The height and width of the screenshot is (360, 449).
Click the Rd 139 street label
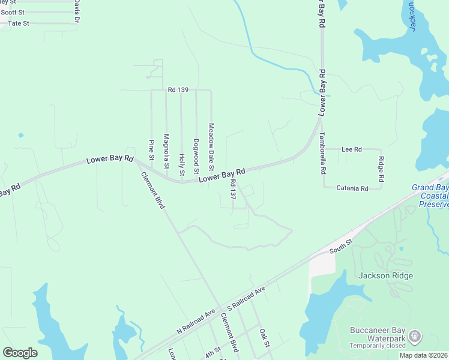point(178,90)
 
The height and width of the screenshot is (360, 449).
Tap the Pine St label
point(151,150)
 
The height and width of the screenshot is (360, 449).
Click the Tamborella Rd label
point(323,152)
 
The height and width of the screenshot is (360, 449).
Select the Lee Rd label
point(351,149)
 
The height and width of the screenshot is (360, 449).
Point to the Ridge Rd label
point(381,169)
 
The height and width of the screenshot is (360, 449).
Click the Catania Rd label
point(352,188)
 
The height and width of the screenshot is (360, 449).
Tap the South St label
point(341,245)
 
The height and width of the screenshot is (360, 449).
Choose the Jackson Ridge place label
point(385,275)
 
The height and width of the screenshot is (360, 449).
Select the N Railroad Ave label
point(196,322)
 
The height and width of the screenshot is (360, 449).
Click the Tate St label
point(18,23)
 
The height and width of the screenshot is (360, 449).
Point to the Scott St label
point(13,12)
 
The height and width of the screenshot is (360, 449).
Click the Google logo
point(20,353)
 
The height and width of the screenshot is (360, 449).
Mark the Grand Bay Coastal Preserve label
point(430,196)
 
